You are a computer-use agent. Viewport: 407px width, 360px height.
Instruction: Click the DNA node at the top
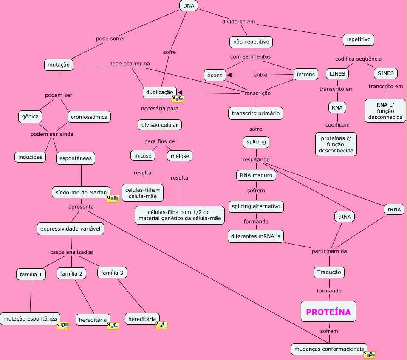click(189, 6)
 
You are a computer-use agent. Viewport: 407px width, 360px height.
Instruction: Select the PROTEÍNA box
click(328, 312)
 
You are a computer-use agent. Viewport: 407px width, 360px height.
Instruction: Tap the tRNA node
click(345, 217)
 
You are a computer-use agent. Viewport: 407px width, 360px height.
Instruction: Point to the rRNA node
click(394, 209)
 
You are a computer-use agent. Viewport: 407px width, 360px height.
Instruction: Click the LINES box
click(337, 73)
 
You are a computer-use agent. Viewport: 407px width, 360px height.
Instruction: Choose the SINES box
click(385, 73)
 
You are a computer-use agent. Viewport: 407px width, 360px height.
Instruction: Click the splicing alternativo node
click(256, 206)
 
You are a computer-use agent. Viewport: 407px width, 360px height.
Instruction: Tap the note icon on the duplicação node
click(178, 99)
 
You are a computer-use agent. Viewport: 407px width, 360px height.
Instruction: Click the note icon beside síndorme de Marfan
click(113, 198)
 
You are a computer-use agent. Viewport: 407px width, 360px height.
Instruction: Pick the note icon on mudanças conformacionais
click(369, 354)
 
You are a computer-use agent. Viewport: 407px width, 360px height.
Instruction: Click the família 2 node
click(71, 273)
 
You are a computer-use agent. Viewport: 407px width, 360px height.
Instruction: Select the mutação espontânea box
click(30, 318)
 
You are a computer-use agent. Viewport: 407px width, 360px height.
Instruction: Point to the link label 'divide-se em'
click(238, 22)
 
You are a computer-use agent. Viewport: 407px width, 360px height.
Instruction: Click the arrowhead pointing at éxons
click(229, 75)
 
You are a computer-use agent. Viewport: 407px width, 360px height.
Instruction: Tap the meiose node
click(180, 156)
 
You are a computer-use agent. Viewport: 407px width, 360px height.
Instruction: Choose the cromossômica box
click(89, 117)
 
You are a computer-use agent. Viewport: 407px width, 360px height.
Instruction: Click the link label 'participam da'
click(329, 251)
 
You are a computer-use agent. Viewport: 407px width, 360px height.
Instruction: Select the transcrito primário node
click(256, 113)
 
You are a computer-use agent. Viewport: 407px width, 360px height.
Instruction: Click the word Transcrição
click(256, 93)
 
